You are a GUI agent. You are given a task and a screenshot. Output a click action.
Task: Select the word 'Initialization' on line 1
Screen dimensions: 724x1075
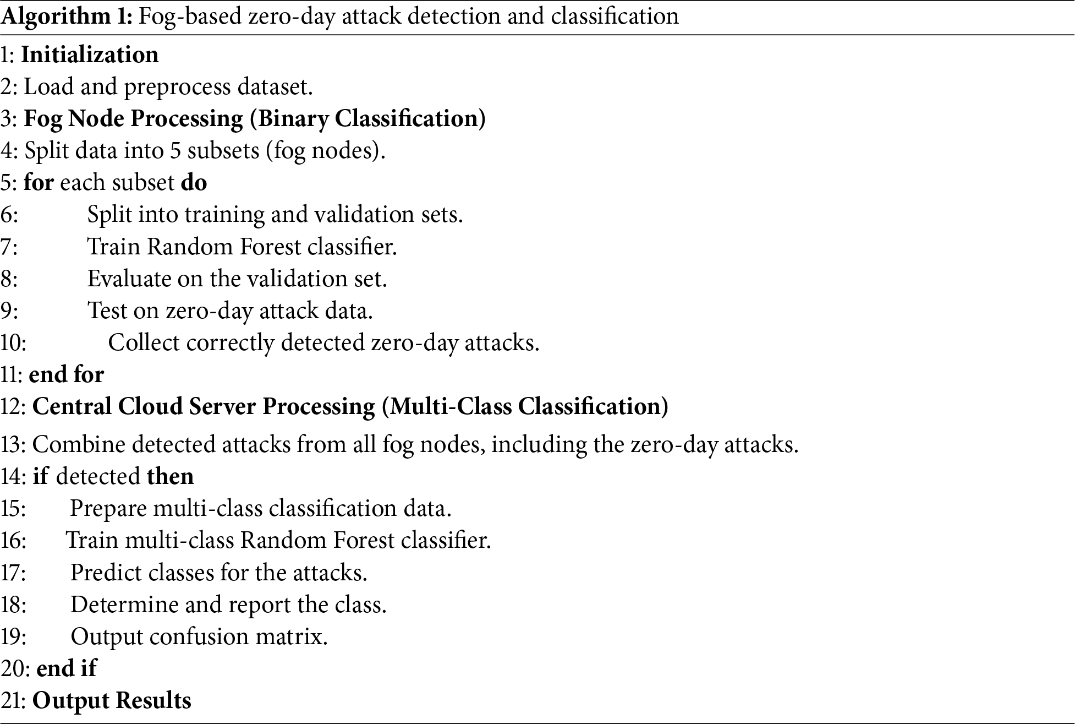pyautogui.click(x=90, y=55)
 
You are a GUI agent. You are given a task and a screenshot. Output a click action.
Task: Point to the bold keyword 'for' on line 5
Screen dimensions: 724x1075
pyautogui.click(x=39, y=183)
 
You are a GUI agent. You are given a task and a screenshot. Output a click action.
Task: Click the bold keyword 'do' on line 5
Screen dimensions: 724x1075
pyautogui.click(x=194, y=183)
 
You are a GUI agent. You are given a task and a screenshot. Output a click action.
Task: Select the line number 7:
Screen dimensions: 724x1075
pyautogui.click(x=9, y=247)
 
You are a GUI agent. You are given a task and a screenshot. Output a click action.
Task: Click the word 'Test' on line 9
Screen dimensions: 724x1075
pyautogui.click(x=107, y=311)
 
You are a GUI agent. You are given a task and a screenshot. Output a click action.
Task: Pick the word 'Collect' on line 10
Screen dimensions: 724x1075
pyautogui.click(x=144, y=342)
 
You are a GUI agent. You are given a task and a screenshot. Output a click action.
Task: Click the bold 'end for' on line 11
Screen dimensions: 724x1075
pyautogui.click(x=66, y=374)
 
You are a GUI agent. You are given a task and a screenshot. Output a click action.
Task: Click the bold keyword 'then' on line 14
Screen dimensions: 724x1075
pyautogui.click(x=170, y=476)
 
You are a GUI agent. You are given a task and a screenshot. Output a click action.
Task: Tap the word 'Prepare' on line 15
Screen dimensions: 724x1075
pyautogui.click(x=108, y=508)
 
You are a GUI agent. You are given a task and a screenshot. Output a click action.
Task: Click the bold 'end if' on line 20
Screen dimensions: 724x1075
pyautogui.click(x=66, y=668)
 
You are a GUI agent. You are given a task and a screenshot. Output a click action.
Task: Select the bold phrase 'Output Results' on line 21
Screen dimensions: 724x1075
pyautogui.click(x=112, y=700)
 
